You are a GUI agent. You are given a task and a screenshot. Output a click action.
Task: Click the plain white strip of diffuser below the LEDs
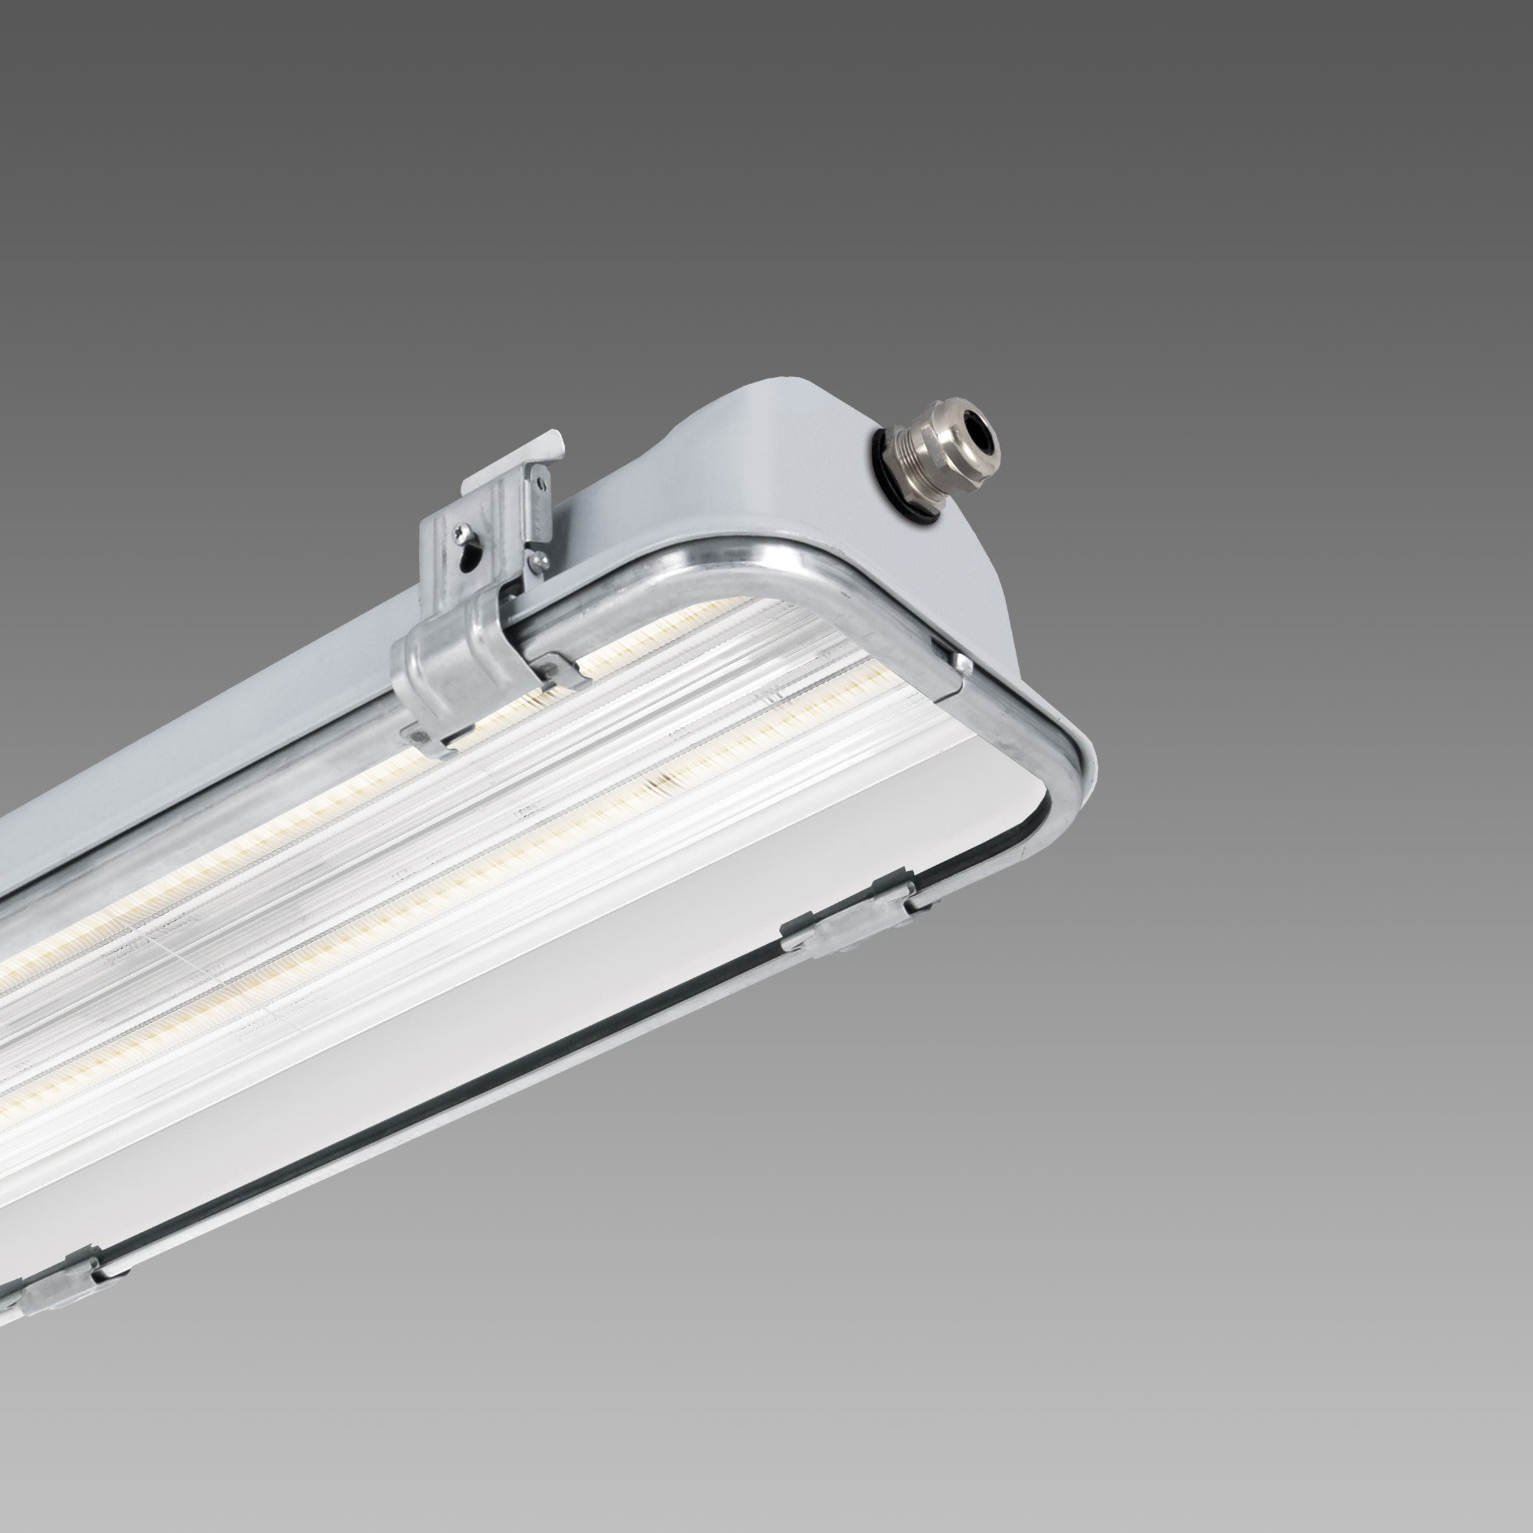pos(635,952)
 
